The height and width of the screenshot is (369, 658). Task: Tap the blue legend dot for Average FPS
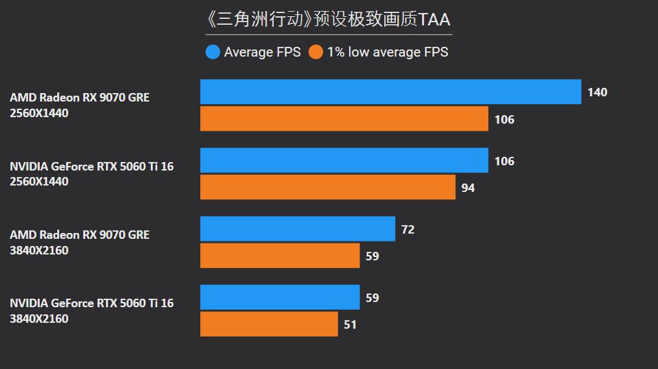pyautogui.click(x=213, y=52)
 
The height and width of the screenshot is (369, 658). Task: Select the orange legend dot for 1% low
pyautogui.click(x=316, y=52)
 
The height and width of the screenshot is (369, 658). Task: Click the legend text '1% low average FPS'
pyautogui.click(x=388, y=52)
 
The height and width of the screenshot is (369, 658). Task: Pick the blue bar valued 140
pyautogui.click(x=390, y=92)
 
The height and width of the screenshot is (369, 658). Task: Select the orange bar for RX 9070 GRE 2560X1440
pyautogui.click(x=344, y=119)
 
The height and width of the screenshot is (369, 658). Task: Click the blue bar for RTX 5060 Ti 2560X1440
pyautogui.click(x=344, y=161)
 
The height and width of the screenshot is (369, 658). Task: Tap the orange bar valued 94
pyautogui.click(x=328, y=187)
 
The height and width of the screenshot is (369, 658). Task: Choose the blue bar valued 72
pyautogui.click(x=297, y=229)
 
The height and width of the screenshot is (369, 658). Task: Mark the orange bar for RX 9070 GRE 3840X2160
pyautogui.click(x=280, y=256)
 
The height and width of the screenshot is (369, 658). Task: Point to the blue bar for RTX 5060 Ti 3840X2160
pyautogui.click(x=280, y=297)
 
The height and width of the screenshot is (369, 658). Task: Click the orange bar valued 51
pyautogui.click(x=269, y=324)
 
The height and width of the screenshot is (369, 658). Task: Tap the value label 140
pyautogui.click(x=597, y=92)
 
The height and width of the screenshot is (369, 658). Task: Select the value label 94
pyautogui.click(x=468, y=188)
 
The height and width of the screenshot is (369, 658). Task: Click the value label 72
pyautogui.click(x=408, y=230)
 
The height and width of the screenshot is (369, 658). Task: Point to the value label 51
pyautogui.click(x=350, y=325)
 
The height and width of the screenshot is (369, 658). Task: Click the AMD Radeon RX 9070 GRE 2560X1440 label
pyautogui.click(x=79, y=105)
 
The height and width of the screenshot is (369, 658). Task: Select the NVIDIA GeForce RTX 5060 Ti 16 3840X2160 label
pyautogui.click(x=92, y=311)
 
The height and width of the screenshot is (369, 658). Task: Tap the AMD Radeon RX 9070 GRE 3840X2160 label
pyautogui.click(x=79, y=243)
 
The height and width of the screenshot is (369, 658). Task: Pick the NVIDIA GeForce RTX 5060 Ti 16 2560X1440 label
pyautogui.click(x=92, y=174)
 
